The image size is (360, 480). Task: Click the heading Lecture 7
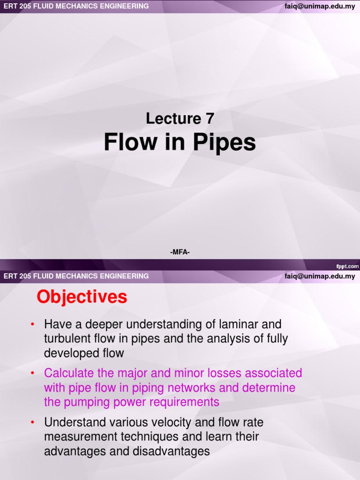click(x=180, y=119)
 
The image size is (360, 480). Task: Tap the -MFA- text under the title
click(x=180, y=253)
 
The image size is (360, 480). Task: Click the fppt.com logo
click(x=347, y=266)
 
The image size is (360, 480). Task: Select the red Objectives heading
click(x=82, y=297)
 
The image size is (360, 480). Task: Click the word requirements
click(x=180, y=402)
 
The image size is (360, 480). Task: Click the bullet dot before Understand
click(x=33, y=423)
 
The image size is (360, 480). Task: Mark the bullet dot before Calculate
click(x=33, y=374)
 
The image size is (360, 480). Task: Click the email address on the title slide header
click(x=320, y=6)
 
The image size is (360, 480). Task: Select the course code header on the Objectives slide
click(x=76, y=276)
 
